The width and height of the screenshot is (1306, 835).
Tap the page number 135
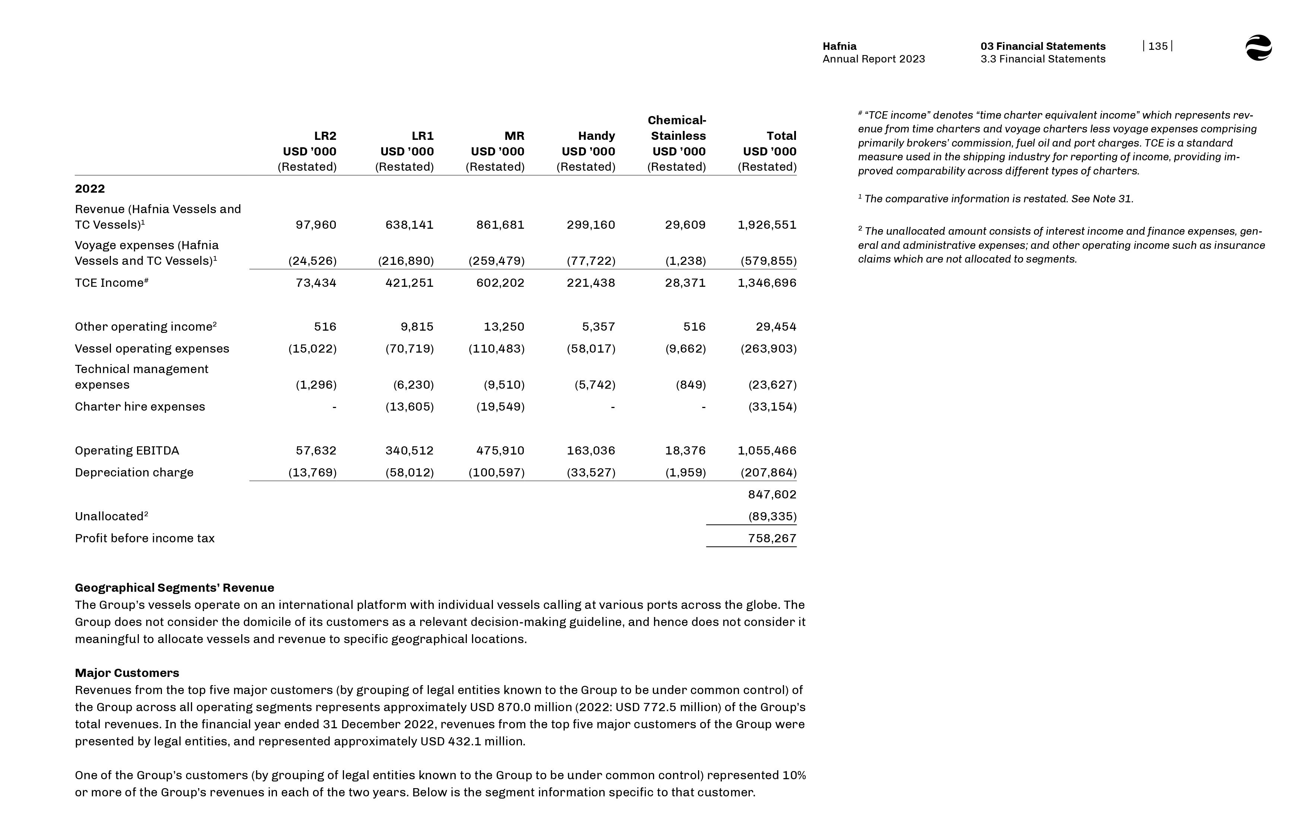point(1157,46)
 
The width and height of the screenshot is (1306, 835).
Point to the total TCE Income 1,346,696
point(767,283)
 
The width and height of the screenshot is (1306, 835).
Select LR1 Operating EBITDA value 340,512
point(409,450)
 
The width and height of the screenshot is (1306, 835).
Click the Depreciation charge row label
point(134,473)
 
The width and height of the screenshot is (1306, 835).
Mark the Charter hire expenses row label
point(140,407)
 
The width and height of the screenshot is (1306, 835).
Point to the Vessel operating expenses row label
point(152,349)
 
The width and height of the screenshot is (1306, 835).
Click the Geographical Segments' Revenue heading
point(174,588)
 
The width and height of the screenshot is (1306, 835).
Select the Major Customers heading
point(127,673)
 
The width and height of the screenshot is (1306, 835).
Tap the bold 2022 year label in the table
point(89,189)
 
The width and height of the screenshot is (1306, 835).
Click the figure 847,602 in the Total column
point(771,495)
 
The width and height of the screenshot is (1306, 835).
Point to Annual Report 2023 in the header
point(873,59)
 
